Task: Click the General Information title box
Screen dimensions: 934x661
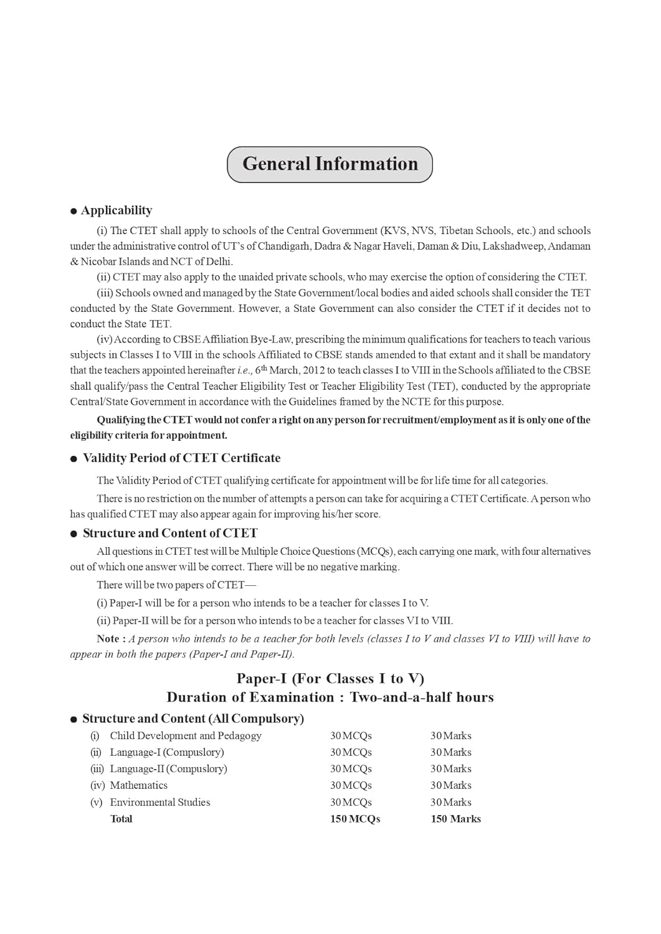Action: (x=330, y=164)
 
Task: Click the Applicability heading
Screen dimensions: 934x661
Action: (x=116, y=210)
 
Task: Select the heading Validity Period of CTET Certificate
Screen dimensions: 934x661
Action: (x=181, y=458)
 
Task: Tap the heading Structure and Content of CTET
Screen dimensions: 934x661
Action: (x=169, y=534)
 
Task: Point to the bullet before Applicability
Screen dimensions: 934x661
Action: (x=74, y=212)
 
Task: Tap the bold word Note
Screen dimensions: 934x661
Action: (x=108, y=639)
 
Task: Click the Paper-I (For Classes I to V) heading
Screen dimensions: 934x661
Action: (x=330, y=679)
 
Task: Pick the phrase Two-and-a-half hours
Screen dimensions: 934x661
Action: (x=422, y=697)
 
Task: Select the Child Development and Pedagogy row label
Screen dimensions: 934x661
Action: (x=186, y=736)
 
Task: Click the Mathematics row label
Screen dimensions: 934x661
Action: (x=138, y=786)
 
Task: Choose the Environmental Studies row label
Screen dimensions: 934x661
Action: (x=159, y=803)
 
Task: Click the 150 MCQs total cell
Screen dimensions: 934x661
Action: (x=354, y=819)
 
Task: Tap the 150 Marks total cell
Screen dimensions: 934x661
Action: (x=455, y=819)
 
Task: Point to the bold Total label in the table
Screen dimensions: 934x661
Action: (x=121, y=819)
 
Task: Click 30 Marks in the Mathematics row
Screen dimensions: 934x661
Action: (x=450, y=786)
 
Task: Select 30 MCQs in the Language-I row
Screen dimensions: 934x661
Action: (x=351, y=753)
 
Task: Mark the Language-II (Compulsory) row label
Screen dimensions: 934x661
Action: (x=168, y=769)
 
